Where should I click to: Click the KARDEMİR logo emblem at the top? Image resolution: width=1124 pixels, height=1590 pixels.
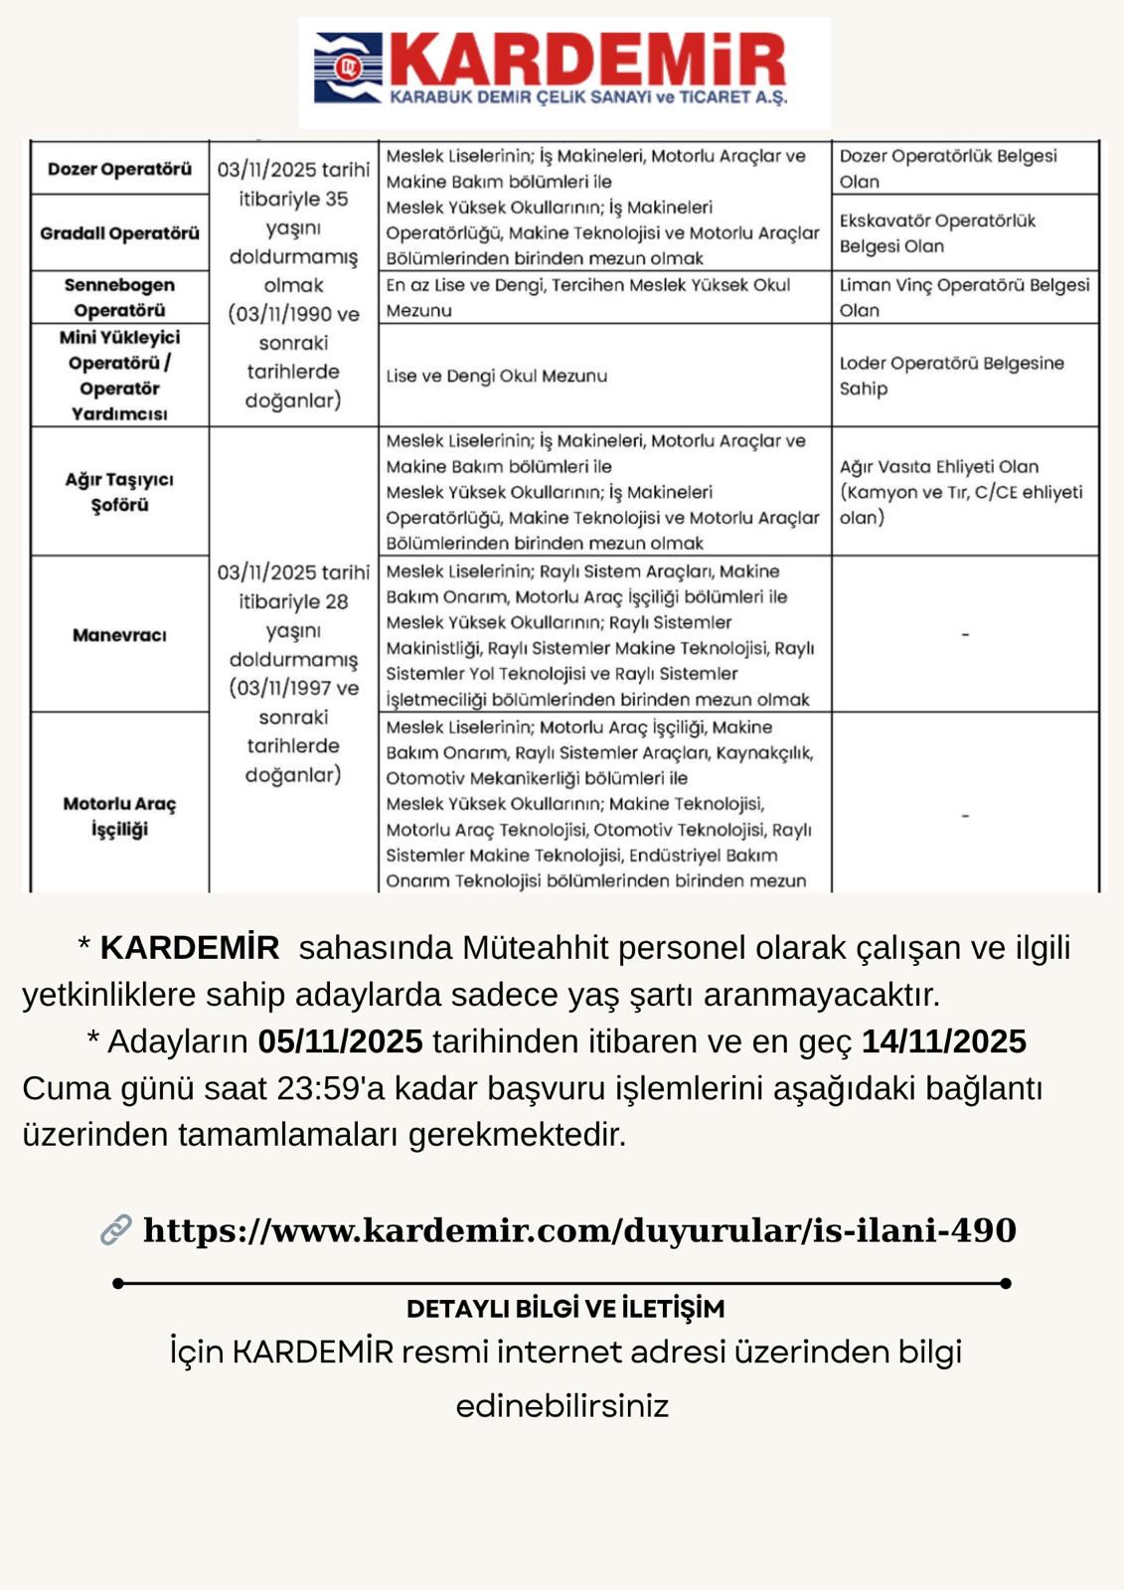pos(348,68)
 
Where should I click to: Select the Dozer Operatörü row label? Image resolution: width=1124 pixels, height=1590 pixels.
pos(119,169)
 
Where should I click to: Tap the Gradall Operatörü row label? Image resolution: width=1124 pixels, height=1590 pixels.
pos(119,234)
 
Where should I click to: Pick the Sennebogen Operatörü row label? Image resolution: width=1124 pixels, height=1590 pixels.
pos(119,297)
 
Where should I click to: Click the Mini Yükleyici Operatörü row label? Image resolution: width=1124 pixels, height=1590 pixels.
pos(119,376)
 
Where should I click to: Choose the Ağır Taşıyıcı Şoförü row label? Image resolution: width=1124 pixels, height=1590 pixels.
pos(119,492)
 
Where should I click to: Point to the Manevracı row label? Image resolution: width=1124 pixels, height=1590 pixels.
pos(119,635)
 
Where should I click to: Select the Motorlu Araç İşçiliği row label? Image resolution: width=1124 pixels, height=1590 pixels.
pos(119,816)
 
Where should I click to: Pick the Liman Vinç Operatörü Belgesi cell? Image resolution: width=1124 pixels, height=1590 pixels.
pos(964,297)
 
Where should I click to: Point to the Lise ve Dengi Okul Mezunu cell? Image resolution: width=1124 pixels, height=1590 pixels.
pos(496,376)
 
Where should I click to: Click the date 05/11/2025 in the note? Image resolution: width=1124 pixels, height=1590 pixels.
pos(340,1041)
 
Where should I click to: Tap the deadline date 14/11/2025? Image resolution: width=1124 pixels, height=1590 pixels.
pos(943,1041)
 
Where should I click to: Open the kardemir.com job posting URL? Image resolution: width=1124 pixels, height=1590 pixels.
pos(579,1230)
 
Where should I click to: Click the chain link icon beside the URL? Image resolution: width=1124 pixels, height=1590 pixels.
pos(116,1230)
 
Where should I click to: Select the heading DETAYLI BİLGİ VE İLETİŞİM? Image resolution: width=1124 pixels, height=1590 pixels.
pos(564,1309)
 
